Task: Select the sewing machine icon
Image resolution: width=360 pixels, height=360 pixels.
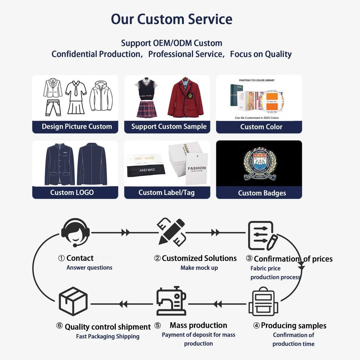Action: [171, 301]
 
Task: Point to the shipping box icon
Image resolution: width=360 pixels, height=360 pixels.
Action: [73, 301]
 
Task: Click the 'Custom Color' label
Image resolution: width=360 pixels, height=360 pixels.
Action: [261, 127]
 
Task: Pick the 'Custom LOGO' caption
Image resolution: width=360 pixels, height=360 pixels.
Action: [72, 192]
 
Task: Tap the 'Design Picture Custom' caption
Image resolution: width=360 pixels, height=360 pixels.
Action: [77, 126]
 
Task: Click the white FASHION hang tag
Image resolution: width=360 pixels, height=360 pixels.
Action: [196, 168]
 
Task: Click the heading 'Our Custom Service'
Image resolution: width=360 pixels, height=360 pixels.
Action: [171, 19]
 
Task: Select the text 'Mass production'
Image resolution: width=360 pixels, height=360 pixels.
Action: [198, 325]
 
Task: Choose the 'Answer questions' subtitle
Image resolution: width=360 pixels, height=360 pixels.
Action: [89, 268]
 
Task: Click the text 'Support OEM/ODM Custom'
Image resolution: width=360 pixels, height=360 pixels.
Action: [171, 43]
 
